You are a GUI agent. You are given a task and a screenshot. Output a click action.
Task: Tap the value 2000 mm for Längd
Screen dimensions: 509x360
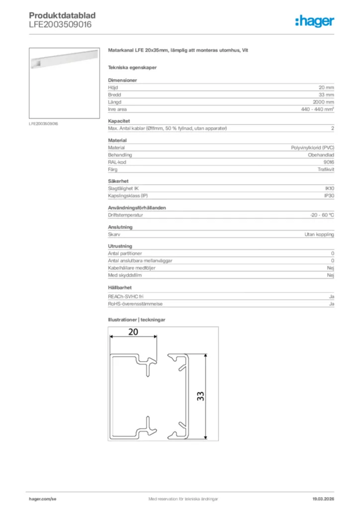coord(323,102)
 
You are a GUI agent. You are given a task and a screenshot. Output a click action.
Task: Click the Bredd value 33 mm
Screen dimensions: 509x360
coord(326,94)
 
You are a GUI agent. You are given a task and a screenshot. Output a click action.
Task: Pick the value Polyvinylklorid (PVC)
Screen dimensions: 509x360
coord(312,148)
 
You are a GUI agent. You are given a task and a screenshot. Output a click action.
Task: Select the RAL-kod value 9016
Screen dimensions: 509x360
coord(328,162)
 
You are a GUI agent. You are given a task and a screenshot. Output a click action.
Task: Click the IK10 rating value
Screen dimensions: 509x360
coord(329,188)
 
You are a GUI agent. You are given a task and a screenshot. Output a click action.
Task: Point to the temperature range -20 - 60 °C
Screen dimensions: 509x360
coord(322,215)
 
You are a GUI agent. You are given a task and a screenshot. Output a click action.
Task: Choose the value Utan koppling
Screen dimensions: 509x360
coord(319,234)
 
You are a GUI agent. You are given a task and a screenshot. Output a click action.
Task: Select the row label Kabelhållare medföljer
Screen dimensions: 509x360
coord(132,268)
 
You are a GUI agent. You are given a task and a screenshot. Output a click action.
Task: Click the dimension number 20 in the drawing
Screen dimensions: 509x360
coord(133,333)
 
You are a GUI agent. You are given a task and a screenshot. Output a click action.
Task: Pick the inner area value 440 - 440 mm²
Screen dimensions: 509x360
coord(317,109)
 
